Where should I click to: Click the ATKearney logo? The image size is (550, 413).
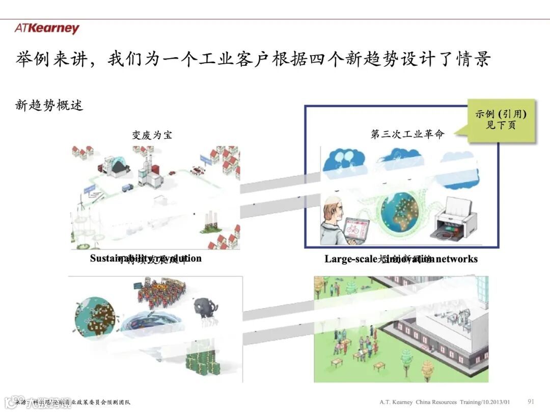(47, 29)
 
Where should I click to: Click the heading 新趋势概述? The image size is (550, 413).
(49, 106)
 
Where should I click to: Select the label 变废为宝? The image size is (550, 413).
(152, 135)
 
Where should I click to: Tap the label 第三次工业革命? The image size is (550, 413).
(407, 134)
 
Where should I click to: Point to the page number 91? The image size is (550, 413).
(531, 401)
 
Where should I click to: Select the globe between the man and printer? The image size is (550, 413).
(400, 212)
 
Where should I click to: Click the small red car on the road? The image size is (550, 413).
(172, 173)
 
